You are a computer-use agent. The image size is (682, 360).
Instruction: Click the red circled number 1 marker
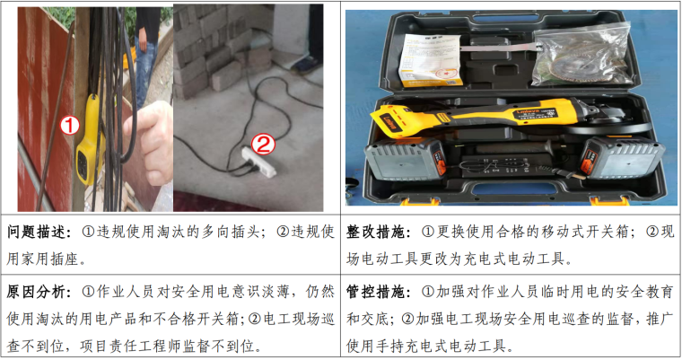(70, 126)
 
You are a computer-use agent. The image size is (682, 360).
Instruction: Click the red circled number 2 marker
(264, 145)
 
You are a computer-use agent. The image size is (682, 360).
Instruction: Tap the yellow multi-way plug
(90, 140)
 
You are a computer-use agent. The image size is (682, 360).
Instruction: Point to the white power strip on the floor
(259, 162)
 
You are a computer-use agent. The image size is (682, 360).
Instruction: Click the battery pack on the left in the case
(406, 160)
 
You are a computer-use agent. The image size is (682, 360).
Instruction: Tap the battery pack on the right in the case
(623, 158)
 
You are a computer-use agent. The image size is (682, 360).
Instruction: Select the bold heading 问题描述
(37, 232)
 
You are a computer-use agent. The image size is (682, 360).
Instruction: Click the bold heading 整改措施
(377, 232)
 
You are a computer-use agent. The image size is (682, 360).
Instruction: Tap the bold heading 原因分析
(37, 292)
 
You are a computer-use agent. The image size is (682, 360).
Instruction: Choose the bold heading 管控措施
(377, 292)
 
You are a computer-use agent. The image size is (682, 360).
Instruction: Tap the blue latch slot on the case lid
(499, 18)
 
